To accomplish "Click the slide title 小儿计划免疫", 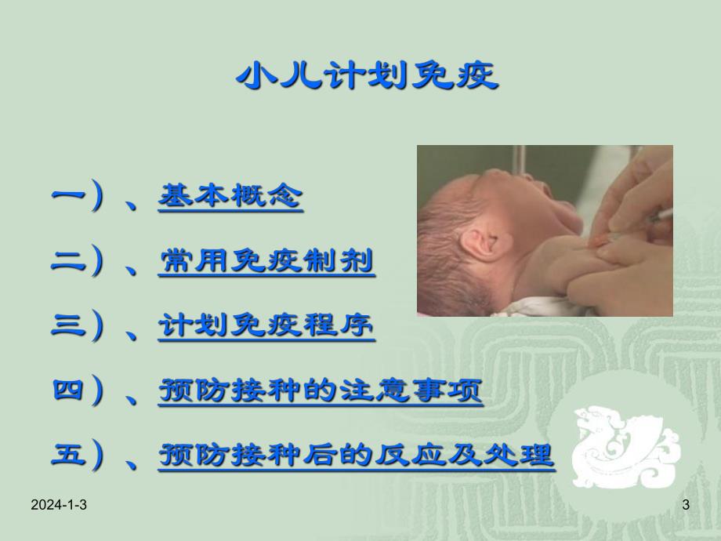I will click(x=367, y=77).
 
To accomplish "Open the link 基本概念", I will click(x=230, y=196).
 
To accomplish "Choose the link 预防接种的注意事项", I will click(x=321, y=390).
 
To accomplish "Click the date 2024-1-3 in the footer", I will click(x=59, y=507).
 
